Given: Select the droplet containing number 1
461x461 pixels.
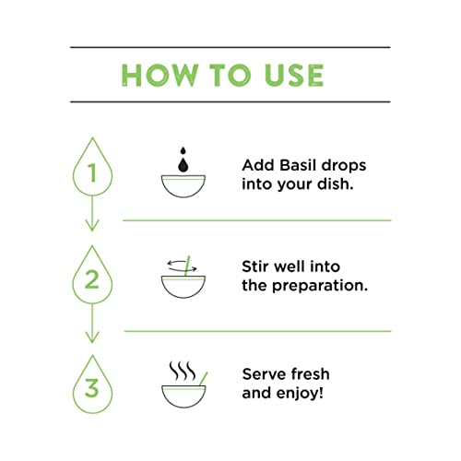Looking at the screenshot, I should [x=91, y=172].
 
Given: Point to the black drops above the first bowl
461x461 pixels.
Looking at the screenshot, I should [x=182, y=157].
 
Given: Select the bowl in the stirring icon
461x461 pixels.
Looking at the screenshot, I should [x=182, y=286].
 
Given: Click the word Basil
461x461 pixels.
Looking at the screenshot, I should [x=297, y=165].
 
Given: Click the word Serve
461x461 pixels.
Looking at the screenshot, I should [x=265, y=373].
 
